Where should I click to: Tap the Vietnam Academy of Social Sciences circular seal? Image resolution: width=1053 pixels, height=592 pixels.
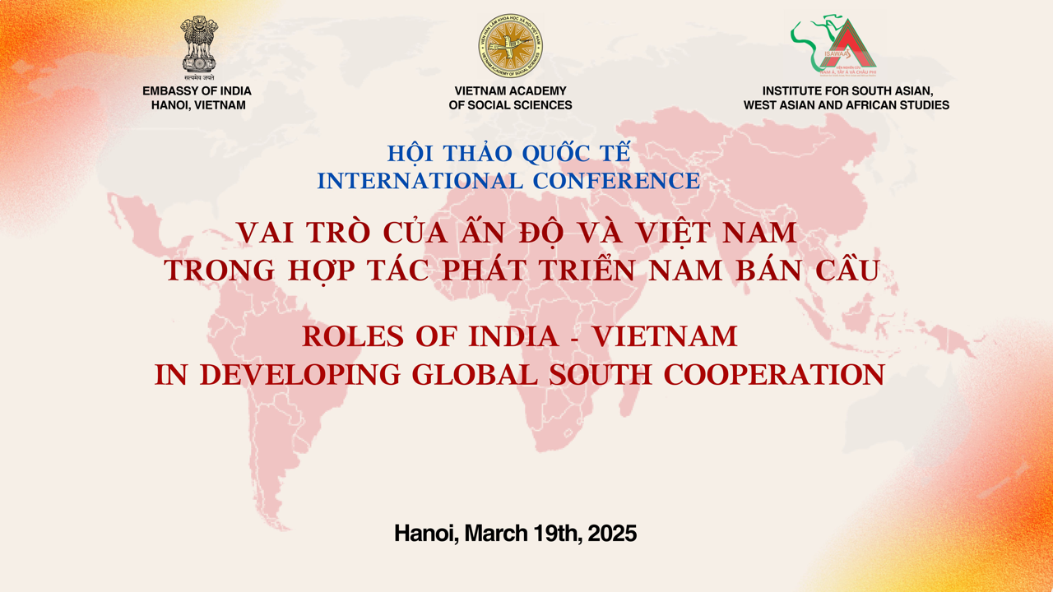click(510, 46)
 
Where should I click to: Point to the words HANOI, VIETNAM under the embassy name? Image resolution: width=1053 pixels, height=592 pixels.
click(198, 105)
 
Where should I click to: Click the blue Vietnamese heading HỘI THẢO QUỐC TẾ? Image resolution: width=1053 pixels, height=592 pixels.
click(508, 154)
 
